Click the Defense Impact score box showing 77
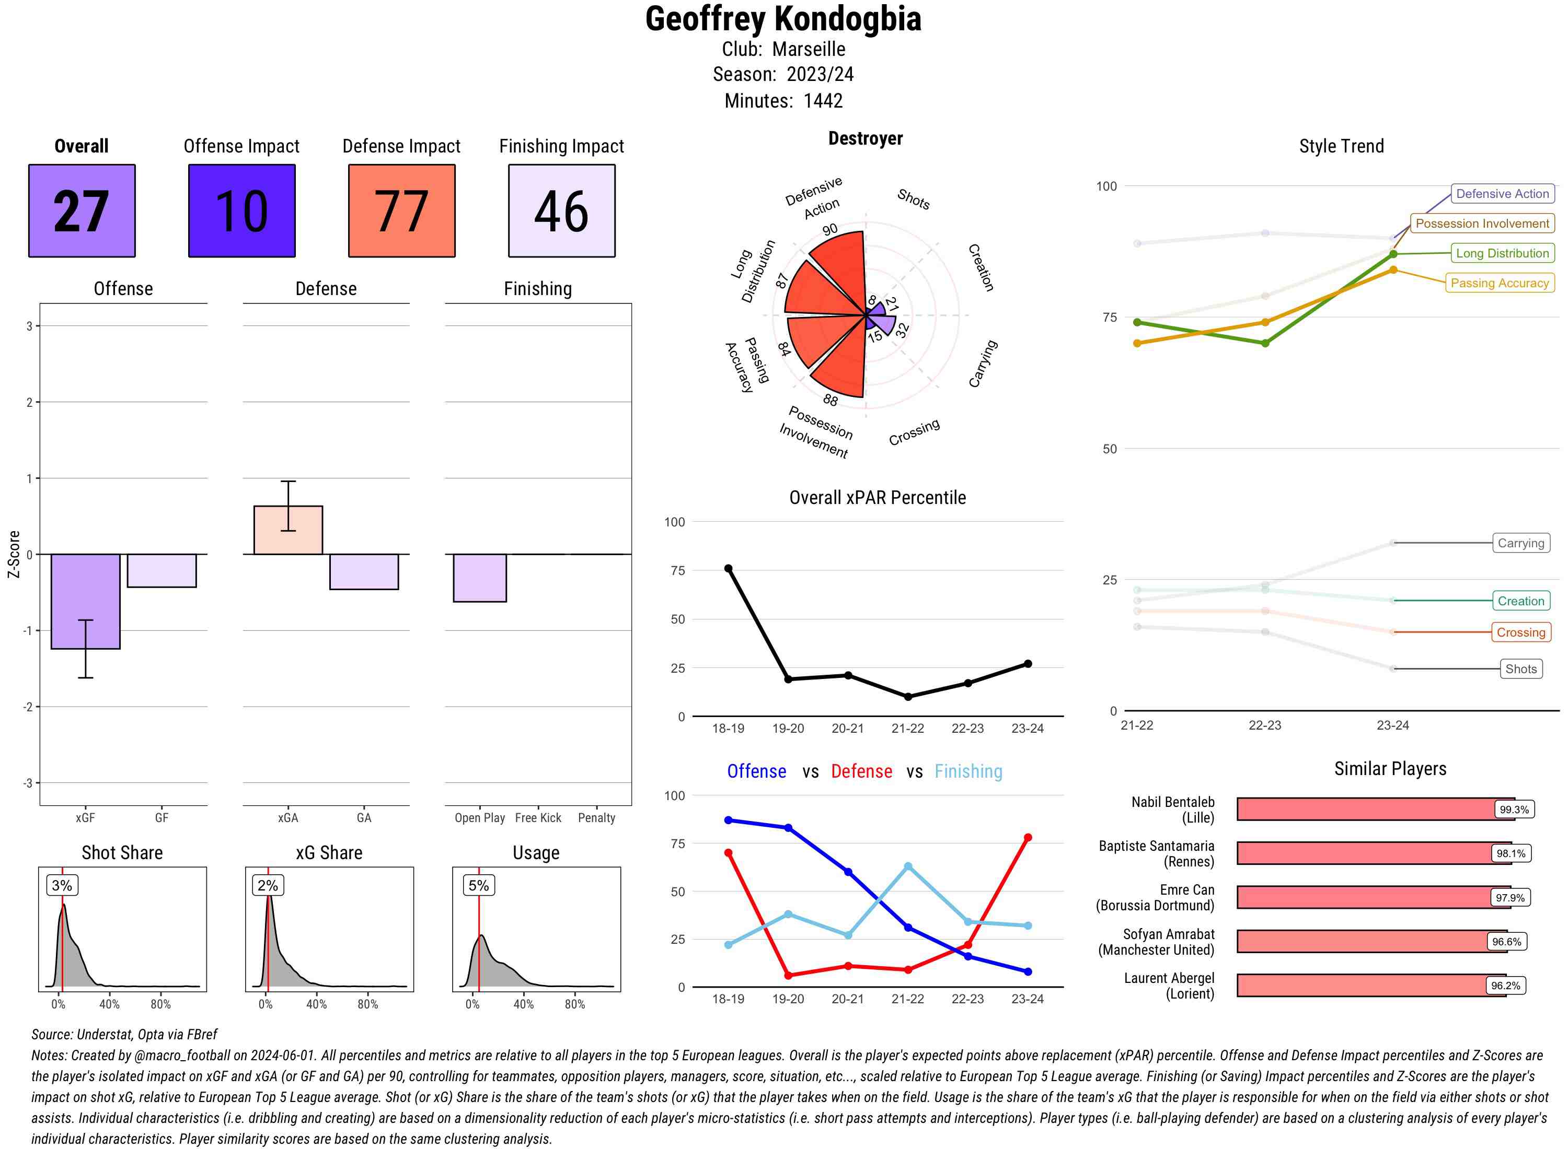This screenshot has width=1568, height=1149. click(x=401, y=211)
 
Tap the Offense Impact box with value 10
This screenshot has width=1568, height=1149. click(x=241, y=211)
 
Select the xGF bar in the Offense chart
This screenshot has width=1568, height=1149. click(x=86, y=601)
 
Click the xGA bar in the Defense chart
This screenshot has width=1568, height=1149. click(x=288, y=530)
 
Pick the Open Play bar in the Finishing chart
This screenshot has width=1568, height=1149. click(x=479, y=578)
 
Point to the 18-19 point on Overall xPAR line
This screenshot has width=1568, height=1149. click(x=729, y=568)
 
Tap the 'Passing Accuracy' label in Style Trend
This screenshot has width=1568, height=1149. click(x=1499, y=283)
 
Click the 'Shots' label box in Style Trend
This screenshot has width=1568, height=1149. click(x=1520, y=669)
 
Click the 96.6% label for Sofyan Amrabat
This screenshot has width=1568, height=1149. click(x=1506, y=942)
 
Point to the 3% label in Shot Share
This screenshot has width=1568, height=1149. click(x=62, y=885)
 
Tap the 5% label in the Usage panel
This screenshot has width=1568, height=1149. click(x=479, y=885)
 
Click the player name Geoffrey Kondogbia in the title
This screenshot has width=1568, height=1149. click(x=783, y=19)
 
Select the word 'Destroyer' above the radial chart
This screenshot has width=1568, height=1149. click(x=865, y=138)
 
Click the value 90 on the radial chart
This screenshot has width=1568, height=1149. click(x=829, y=229)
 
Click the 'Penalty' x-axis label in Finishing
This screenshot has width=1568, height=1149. click(x=596, y=818)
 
